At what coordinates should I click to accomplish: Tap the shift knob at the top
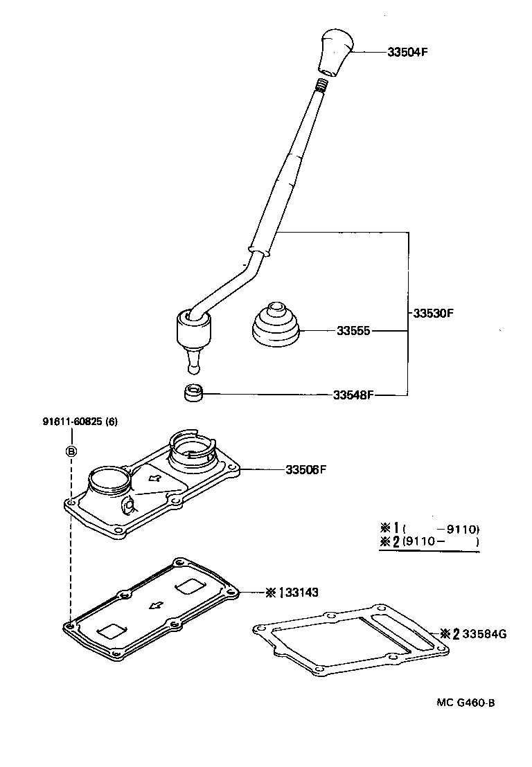[x=335, y=51]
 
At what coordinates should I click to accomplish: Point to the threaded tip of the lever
[x=321, y=86]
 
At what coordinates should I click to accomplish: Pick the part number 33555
[x=354, y=332]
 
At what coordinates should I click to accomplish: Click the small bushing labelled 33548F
[x=192, y=394]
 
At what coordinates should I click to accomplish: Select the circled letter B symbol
[x=71, y=451]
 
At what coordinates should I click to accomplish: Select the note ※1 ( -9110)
[x=429, y=530]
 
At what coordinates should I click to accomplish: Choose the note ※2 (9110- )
[x=429, y=541]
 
